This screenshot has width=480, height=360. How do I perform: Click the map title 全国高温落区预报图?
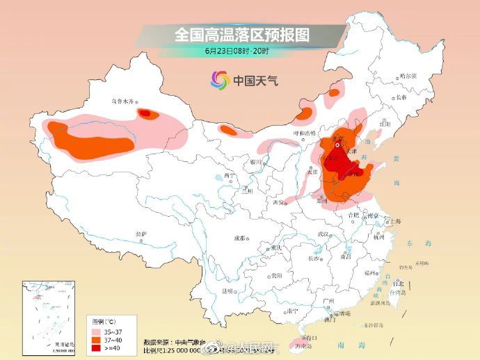pyautogui.click(x=241, y=34)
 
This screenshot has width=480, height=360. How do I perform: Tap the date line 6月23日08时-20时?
pyautogui.click(x=240, y=51)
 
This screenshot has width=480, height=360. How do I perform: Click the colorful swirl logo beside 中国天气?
pyautogui.click(x=220, y=80)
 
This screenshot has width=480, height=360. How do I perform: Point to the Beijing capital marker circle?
pyautogui.click(x=337, y=146)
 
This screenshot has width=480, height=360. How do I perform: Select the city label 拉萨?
pyautogui.click(x=142, y=234)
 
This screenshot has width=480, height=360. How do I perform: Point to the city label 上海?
pyautogui.click(x=395, y=221)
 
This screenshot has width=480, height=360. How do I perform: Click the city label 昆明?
pyautogui.click(x=227, y=291)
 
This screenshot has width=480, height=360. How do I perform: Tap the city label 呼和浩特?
pyautogui.click(x=304, y=132)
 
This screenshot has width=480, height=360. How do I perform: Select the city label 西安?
pyautogui.click(x=279, y=202)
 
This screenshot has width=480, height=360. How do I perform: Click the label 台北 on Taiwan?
pyautogui.click(x=398, y=284)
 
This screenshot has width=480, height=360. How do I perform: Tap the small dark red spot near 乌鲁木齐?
pyautogui.click(x=146, y=112)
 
